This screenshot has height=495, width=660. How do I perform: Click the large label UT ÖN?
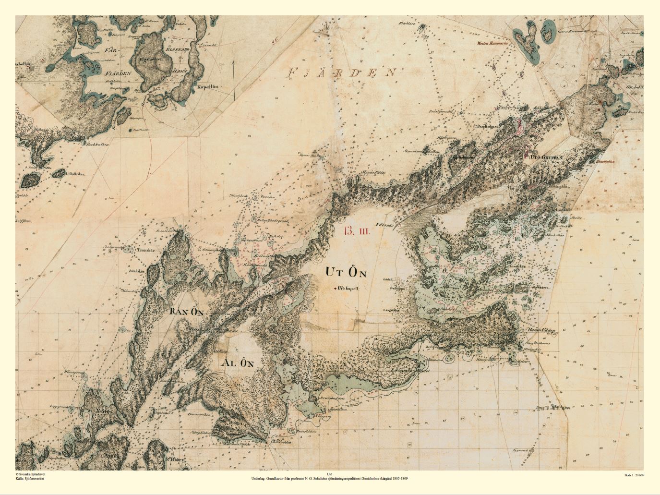346,272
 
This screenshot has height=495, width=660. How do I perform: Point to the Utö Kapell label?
349,290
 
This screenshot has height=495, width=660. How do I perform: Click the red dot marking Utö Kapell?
336,289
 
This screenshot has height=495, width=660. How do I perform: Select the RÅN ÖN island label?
187,312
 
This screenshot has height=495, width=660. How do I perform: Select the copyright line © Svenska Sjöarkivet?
34,474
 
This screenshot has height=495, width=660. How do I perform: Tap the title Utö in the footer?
329,474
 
